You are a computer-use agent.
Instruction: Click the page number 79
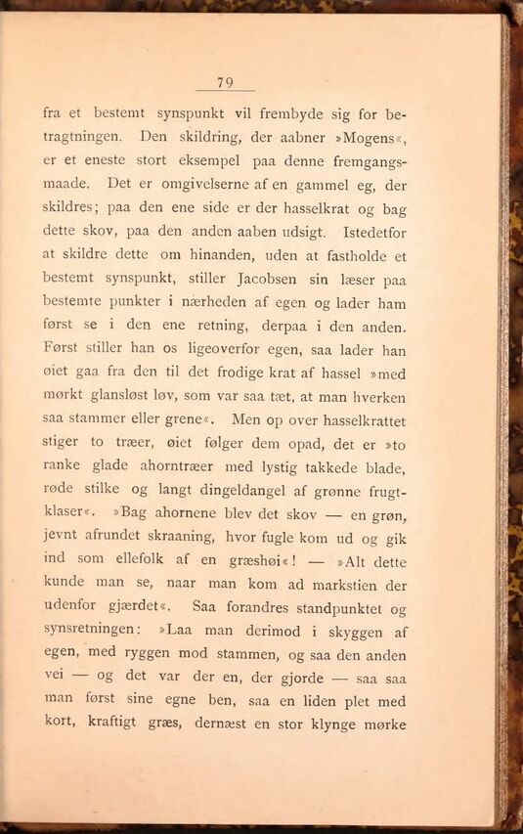click(x=225, y=82)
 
